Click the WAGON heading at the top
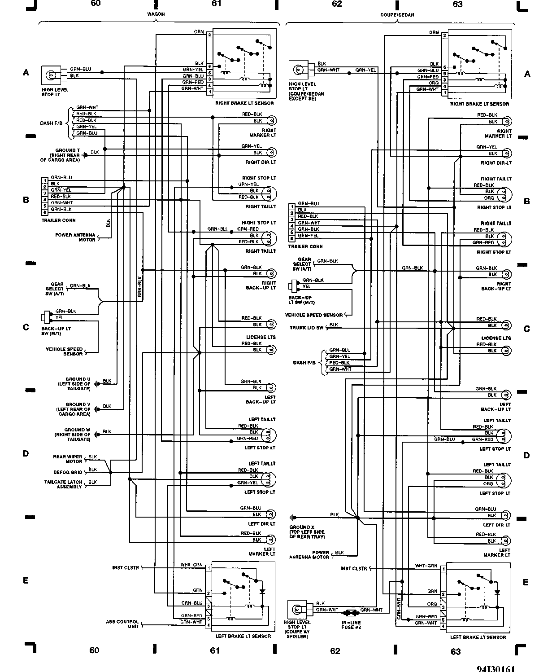(156, 14)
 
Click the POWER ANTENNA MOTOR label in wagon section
(75, 237)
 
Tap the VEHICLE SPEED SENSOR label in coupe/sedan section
(313, 315)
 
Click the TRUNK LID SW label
(306, 328)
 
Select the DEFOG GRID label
(68, 472)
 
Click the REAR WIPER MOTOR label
(68, 459)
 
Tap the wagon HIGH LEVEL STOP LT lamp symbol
(51, 75)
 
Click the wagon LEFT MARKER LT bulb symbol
(271, 539)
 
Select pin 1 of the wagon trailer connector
(44, 180)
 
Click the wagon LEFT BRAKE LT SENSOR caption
(243, 636)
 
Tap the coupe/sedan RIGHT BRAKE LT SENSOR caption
(479, 104)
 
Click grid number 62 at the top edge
(337, 4)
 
